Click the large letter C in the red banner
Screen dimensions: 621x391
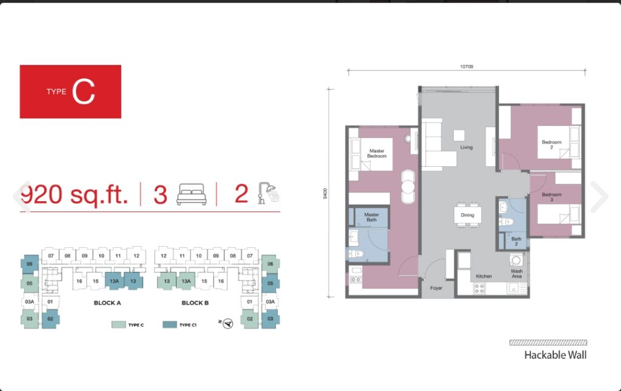pyautogui.click(x=84, y=92)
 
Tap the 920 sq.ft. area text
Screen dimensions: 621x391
pyautogui.click(x=74, y=195)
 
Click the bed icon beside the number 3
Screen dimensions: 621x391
pyautogui.click(x=192, y=194)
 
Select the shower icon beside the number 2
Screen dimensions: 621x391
pyautogui.click(x=269, y=193)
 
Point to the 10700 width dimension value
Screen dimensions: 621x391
pyautogui.click(x=466, y=67)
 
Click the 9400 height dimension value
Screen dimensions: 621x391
pyautogui.click(x=325, y=193)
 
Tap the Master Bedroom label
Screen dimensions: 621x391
pyautogui.click(x=377, y=153)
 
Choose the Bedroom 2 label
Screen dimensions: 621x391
pyautogui.click(x=552, y=144)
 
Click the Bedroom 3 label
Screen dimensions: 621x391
pyautogui.click(x=552, y=196)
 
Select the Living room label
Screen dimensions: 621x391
pyautogui.click(x=466, y=147)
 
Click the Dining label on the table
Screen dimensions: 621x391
pyautogui.click(x=468, y=215)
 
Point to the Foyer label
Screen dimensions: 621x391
pyautogui.click(x=436, y=288)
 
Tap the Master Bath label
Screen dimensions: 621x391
pyautogui.click(x=372, y=217)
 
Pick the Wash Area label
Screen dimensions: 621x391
pyautogui.click(x=517, y=273)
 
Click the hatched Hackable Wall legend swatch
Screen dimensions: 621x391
pyautogui.click(x=548, y=343)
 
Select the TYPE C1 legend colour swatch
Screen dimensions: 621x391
pyautogui.click(x=170, y=324)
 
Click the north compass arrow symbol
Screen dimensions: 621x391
pyautogui.click(x=227, y=324)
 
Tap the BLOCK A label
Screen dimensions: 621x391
pyautogui.click(x=107, y=302)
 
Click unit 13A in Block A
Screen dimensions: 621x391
pyautogui.click(x=115, y=281)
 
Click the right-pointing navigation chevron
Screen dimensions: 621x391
pyautogui.click(x=600, y=196)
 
